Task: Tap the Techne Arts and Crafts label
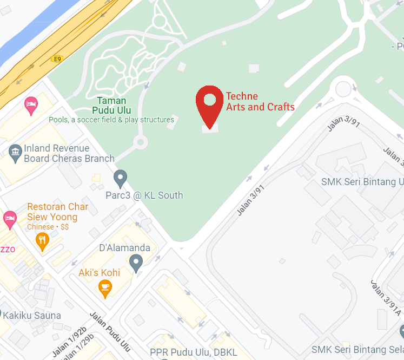(260, 102)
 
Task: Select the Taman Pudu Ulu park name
(112, 105)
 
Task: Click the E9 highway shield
(57, 58)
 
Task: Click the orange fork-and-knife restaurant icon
(42, 240)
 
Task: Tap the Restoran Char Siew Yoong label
(57, 212)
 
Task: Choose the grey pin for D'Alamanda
(136, 263)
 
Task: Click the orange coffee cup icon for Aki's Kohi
(105, 288)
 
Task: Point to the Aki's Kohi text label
(100, 272)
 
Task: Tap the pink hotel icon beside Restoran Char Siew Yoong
(10, 219)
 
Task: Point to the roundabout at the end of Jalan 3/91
(344, 87)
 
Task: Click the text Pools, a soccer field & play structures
(111, 120)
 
